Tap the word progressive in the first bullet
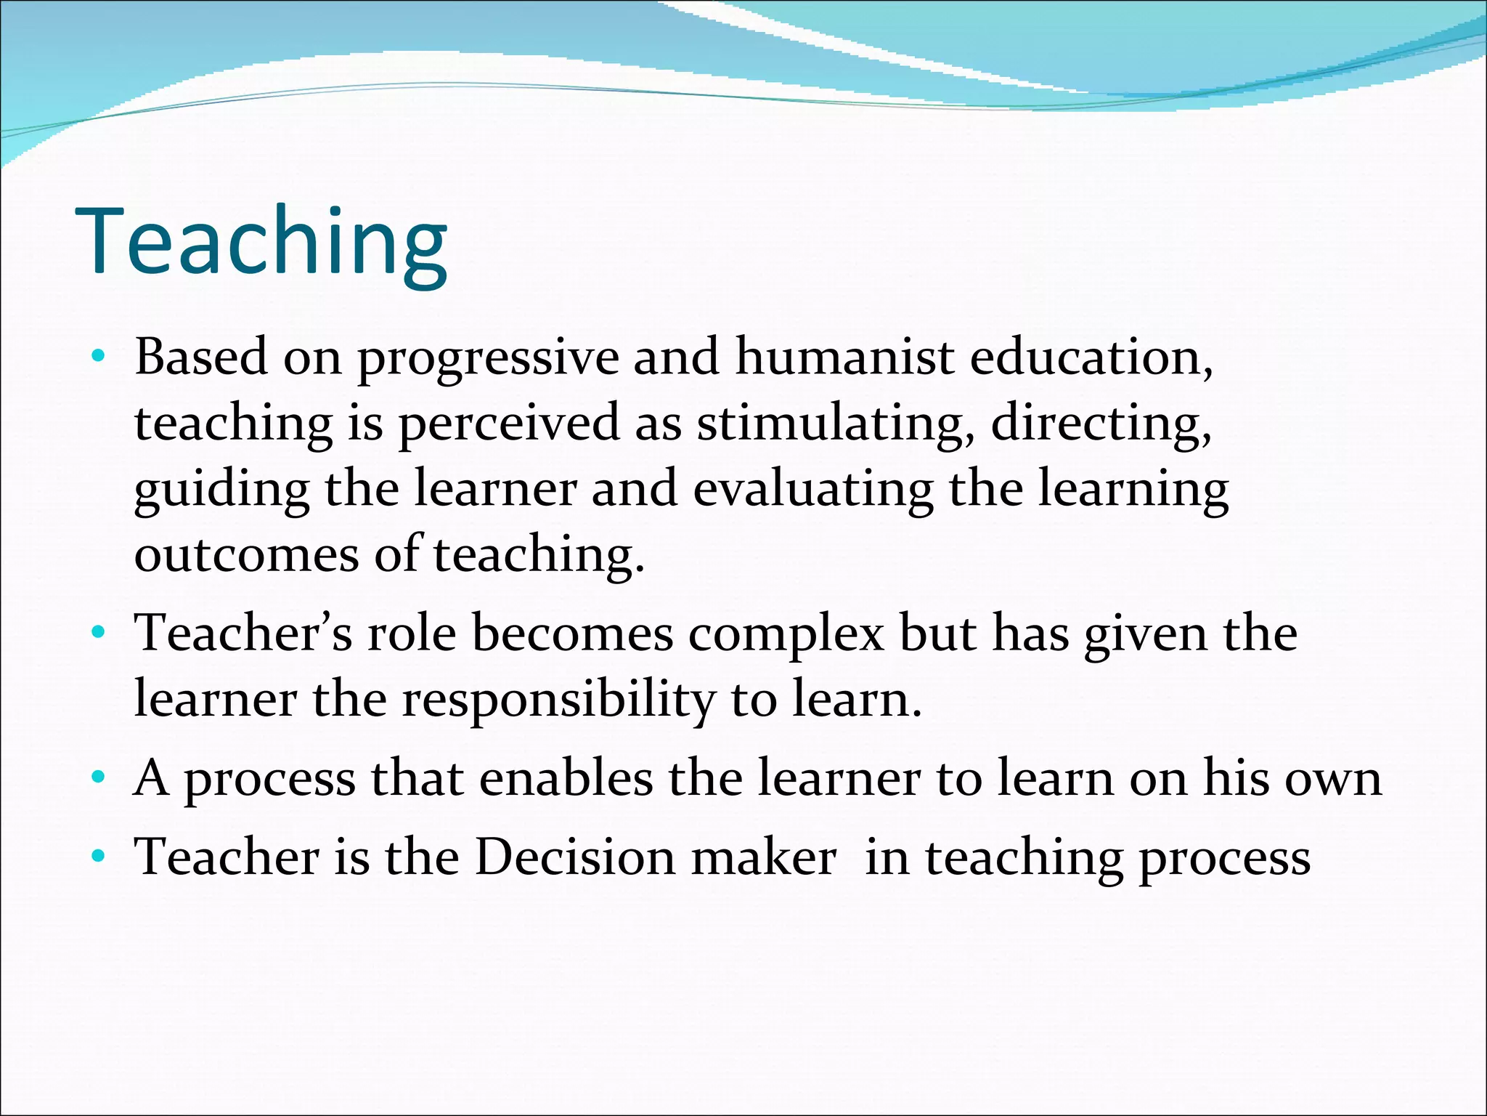(x=488, y=359)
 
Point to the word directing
(x=1100, y=424)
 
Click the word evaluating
(x=812, y=490)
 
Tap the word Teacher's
(x=243, y=633)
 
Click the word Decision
(x=575, y=857)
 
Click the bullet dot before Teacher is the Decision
(x=98, y=857)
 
